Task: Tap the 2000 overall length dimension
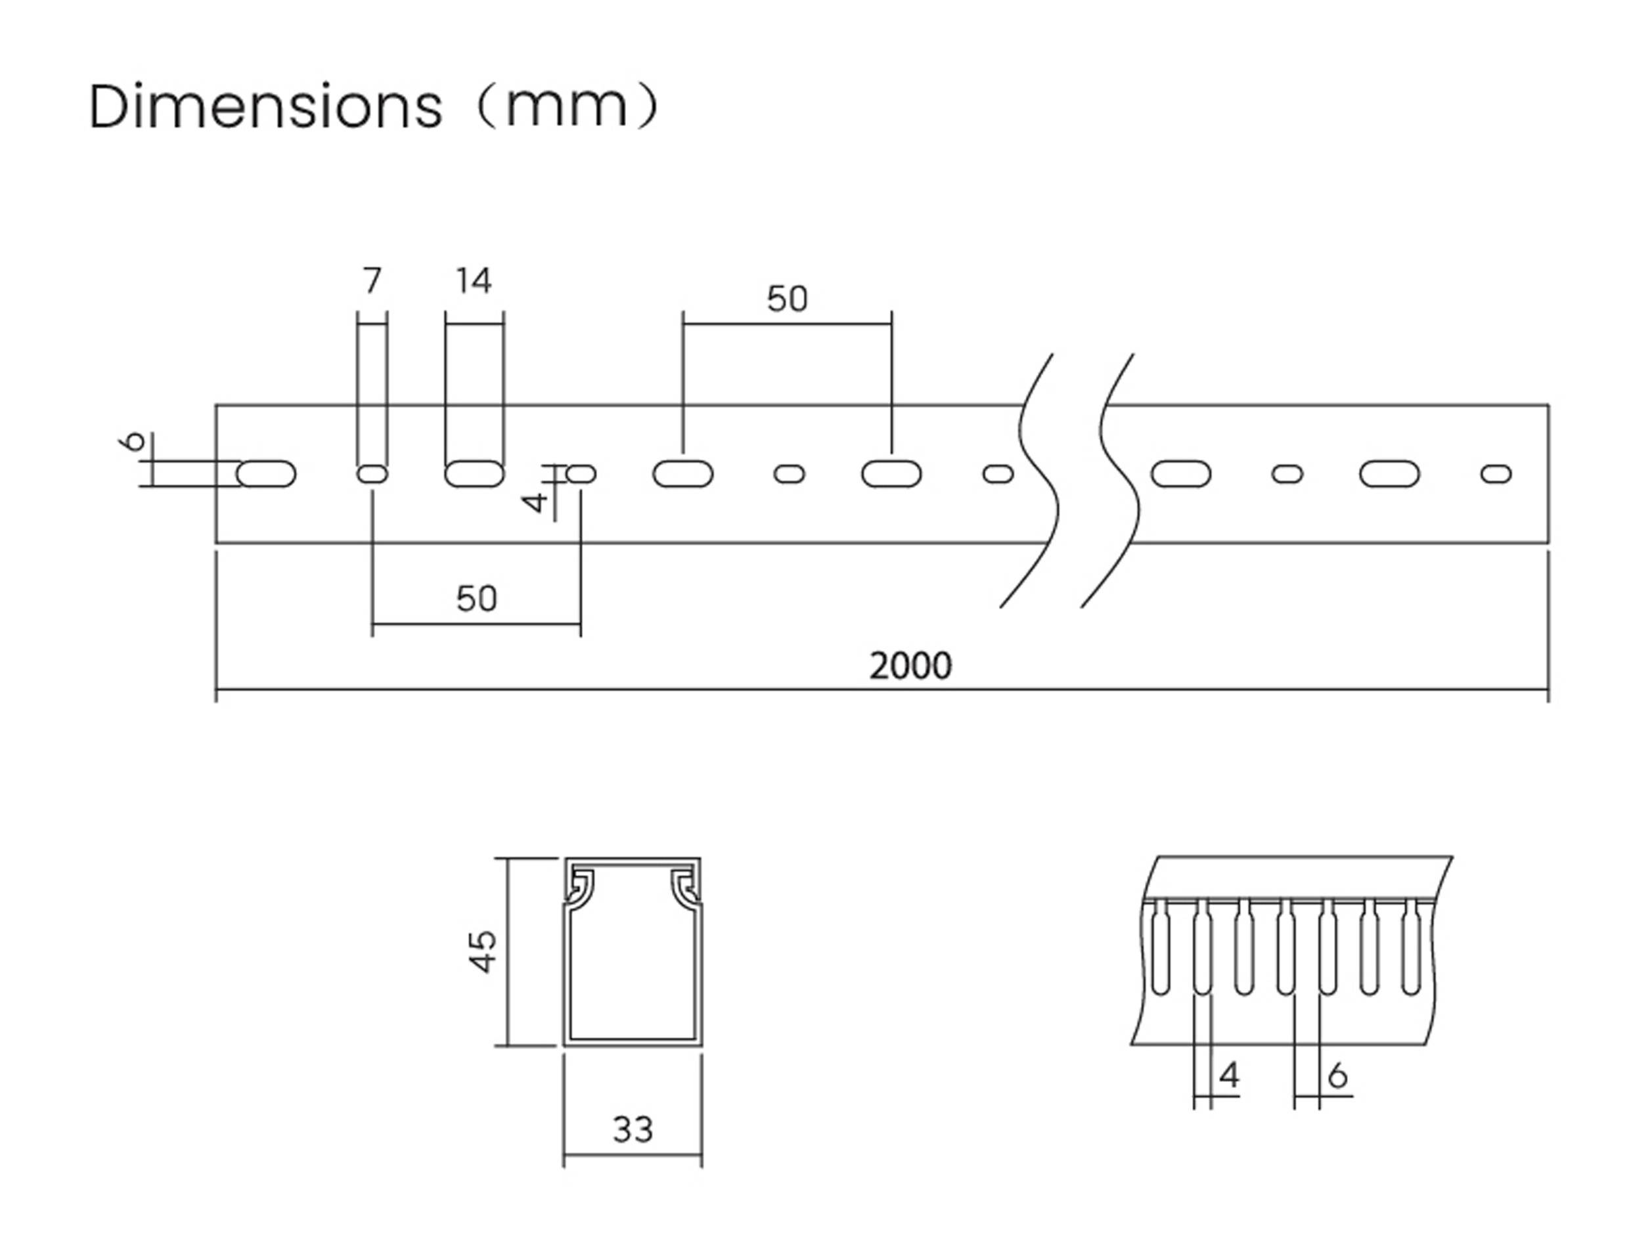[x=910, y=666]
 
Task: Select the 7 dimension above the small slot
[x=372, y=281]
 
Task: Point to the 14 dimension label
[x=474, y=281]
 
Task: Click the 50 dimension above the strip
[x=787, y=299]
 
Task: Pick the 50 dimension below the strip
[x=476, y=599]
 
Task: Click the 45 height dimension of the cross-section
[x=483, y=951]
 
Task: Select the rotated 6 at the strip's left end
[x=133, y=441]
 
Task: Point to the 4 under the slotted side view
[x=1229, y=1075]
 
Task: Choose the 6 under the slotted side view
[x=1338, y=1075]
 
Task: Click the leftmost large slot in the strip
[x=266, y=474]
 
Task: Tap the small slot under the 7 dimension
[x=372, y=474]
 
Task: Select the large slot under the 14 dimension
[x=474, y=474]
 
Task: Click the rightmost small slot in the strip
[x=1496, y=474]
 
